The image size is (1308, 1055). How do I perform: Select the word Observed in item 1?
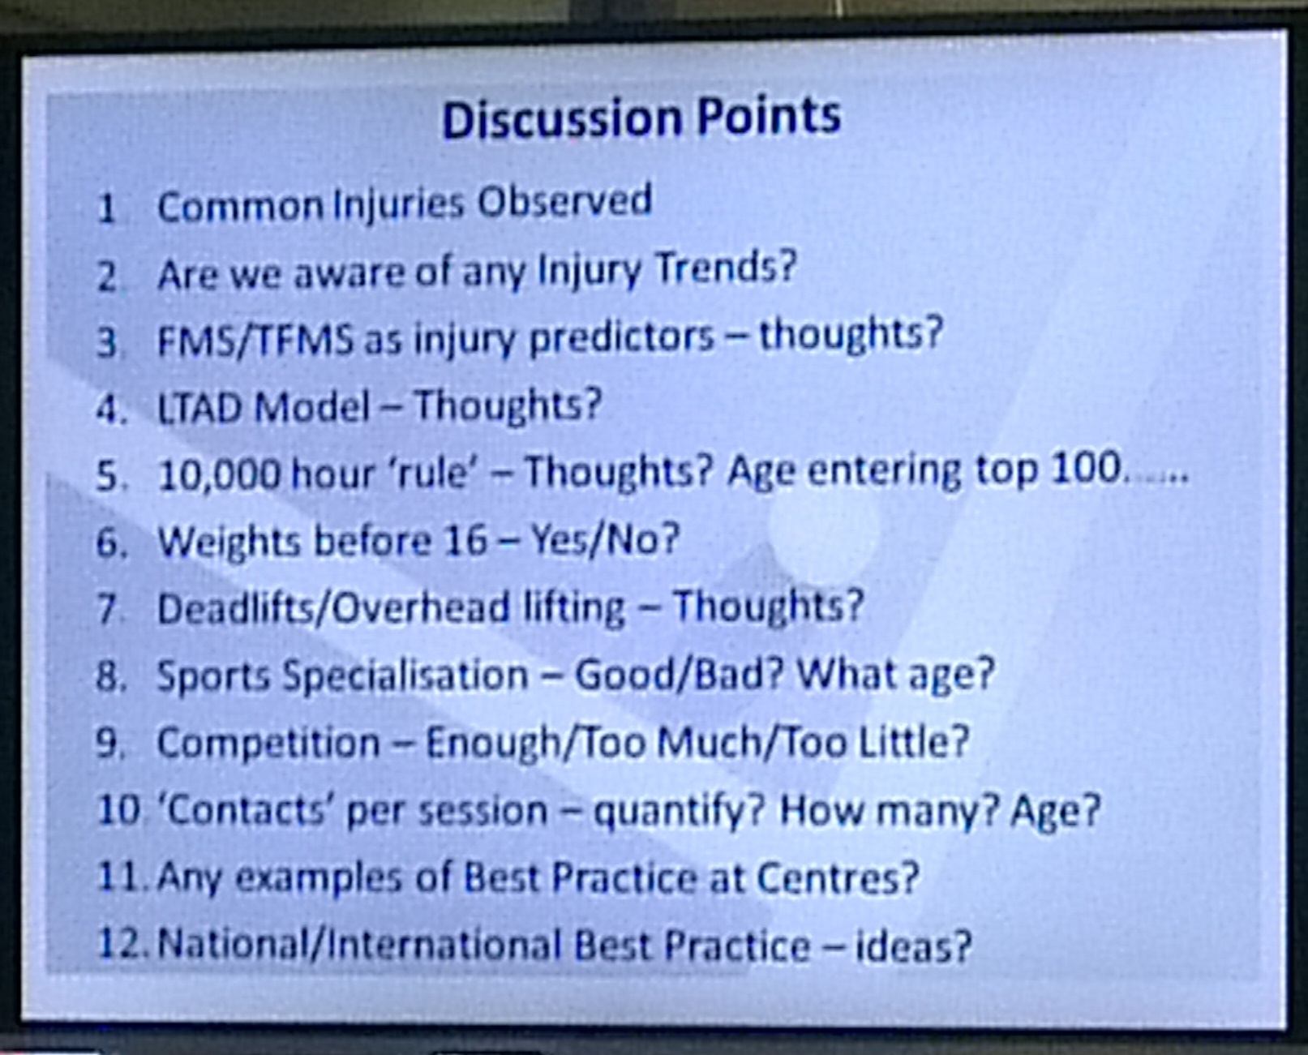pos(564,201)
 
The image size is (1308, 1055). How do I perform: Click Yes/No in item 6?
pos(603,539)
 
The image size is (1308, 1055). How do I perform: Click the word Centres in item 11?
pos(838,877)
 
